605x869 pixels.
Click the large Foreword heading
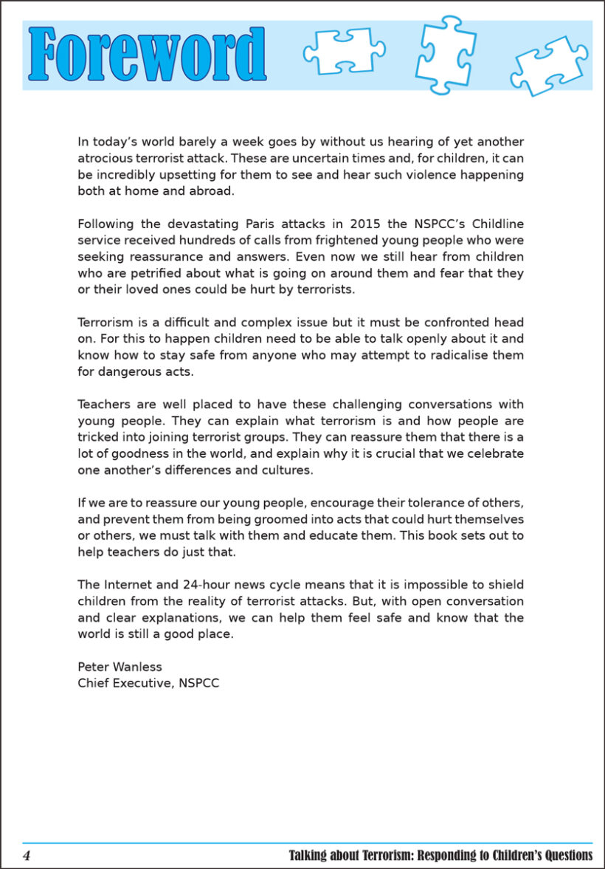(x=148, y=54)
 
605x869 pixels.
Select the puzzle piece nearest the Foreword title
(x=343, y=52)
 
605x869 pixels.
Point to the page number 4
(x=27, y=856)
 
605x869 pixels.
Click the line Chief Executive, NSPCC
(x=148, y=683)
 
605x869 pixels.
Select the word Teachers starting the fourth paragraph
(x=104, y=404)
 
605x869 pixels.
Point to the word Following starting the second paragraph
(x=106, y=224)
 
